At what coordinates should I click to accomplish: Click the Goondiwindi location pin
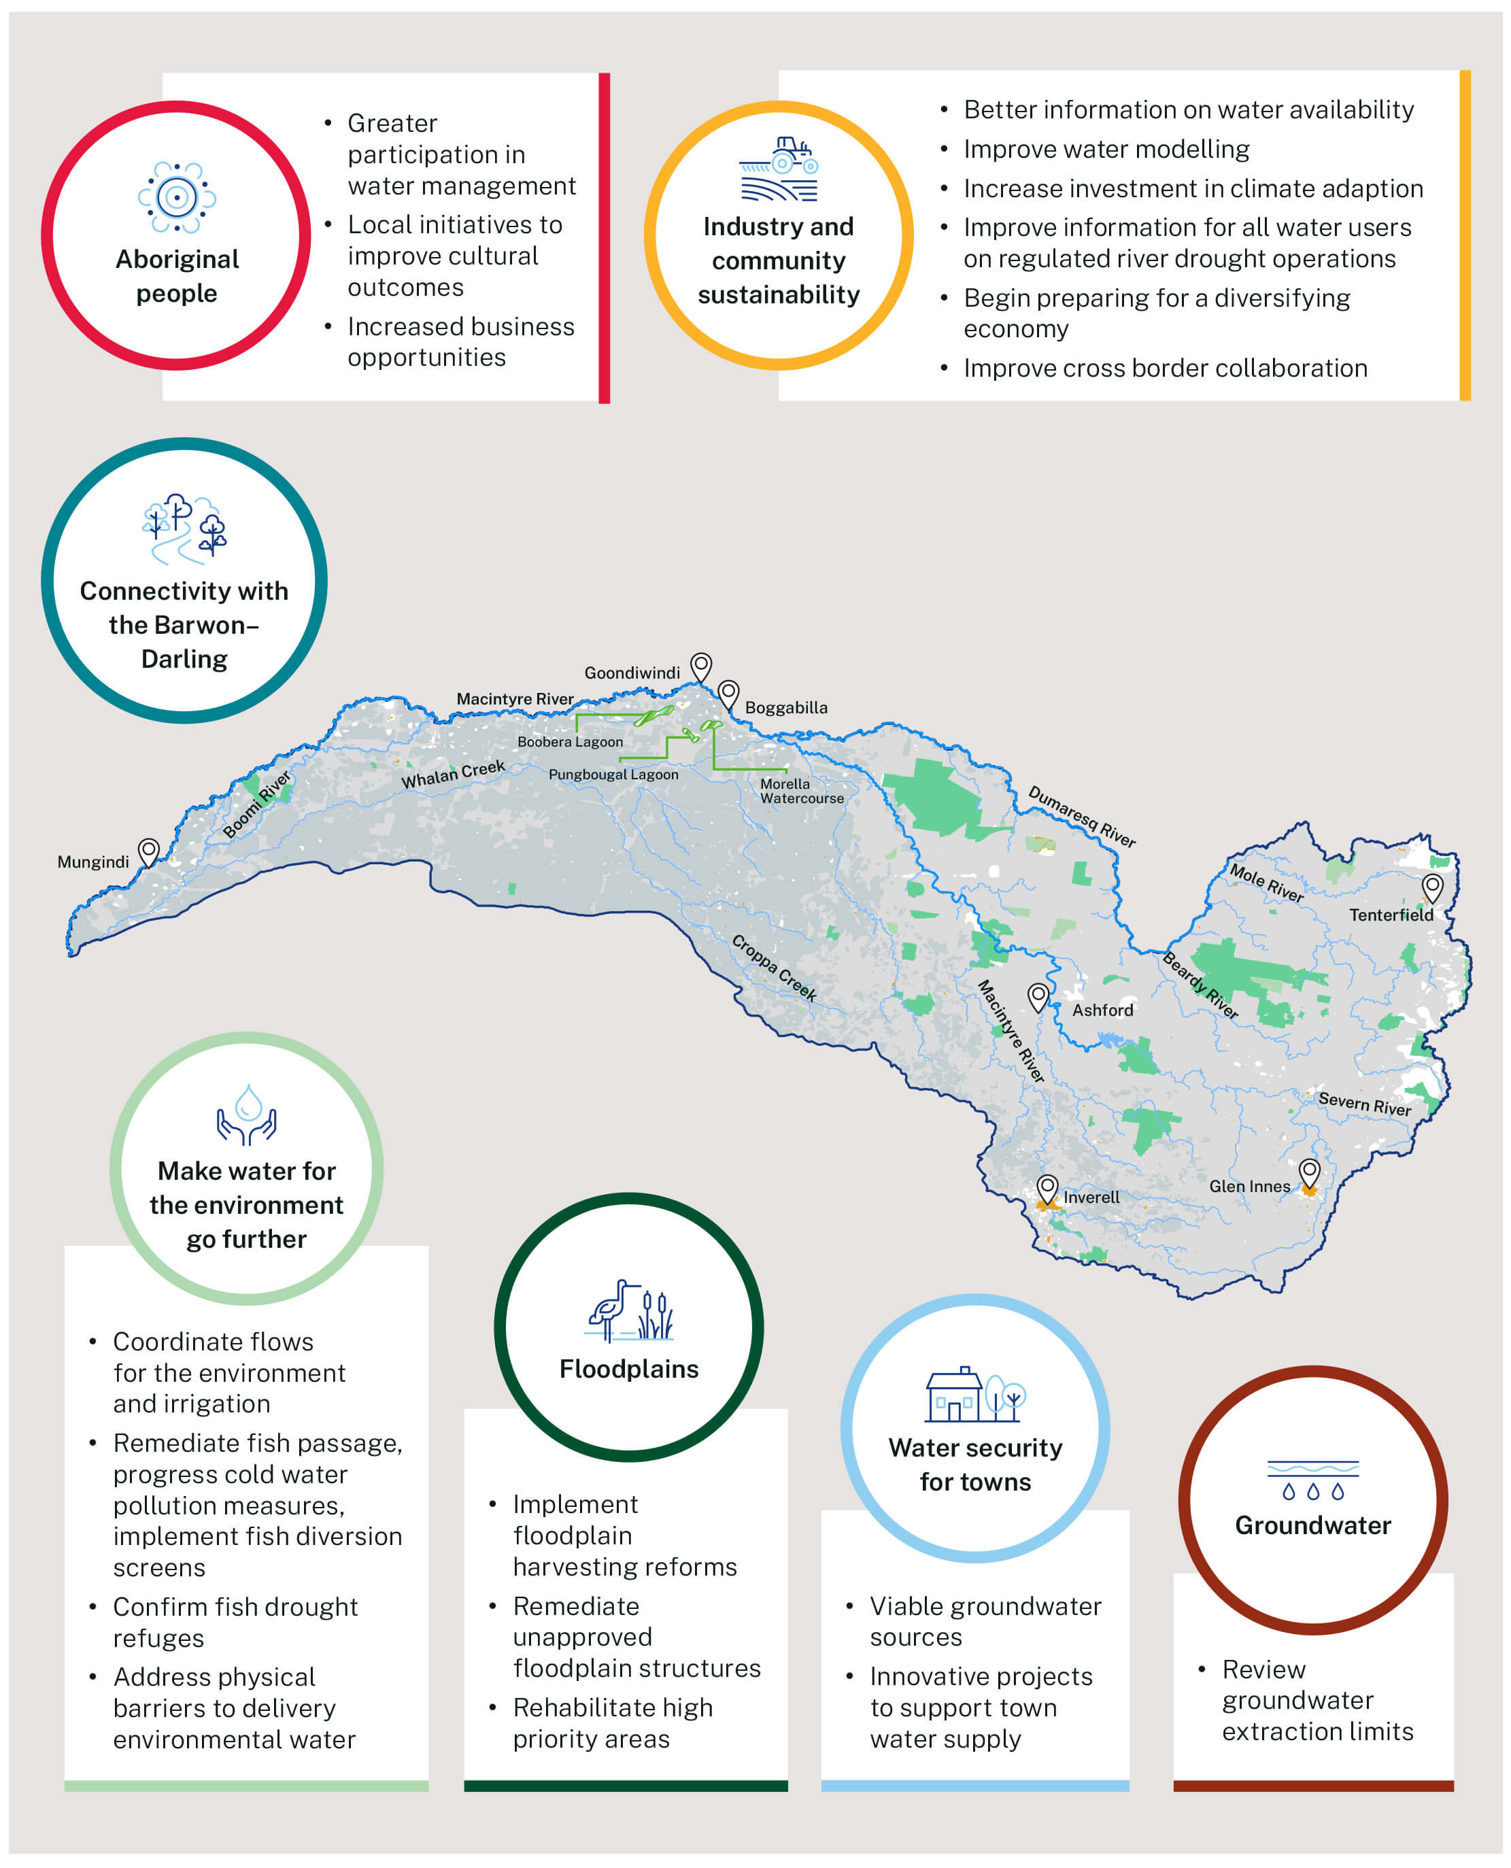pos(700,667)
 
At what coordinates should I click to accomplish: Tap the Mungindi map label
pos(93,862)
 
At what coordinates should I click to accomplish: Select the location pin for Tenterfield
pos(1432,888)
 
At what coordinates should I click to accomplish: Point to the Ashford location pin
pos(1038,997)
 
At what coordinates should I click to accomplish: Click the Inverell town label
pos(1091,1197)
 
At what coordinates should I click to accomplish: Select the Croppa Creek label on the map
pos(773,967)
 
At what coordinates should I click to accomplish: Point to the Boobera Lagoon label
pos(570,742)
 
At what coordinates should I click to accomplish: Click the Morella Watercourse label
pos(801,790)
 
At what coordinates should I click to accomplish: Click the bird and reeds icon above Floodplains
pos(629,1309)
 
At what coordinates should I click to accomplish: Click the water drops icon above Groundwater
pos(1312,1480)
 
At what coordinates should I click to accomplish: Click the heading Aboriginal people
pos(177,276)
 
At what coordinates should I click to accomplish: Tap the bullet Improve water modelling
pos(1106,149)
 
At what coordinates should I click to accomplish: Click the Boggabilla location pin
pos(728,694)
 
